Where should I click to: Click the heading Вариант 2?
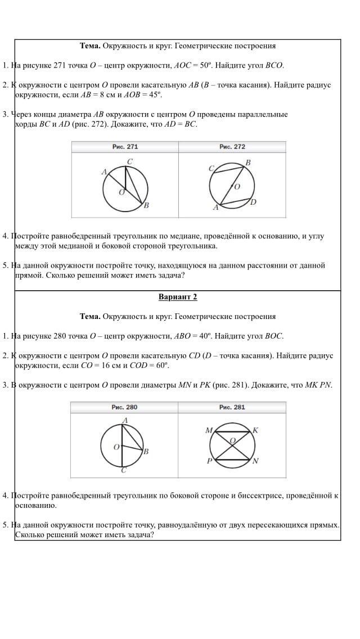[x=178, y=297]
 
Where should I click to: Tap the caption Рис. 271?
[x=125, y=147]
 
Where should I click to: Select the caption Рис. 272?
[x=232, y=147]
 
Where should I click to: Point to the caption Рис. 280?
[x=124, y=407]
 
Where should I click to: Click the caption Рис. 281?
[x=232, y=407]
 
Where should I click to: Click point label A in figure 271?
[x=104, y=172]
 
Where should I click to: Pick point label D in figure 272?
[x=254, y=202]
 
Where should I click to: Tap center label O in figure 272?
[x=237, y=186]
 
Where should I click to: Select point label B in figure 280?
[x=146, y=451]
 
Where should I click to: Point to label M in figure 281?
[x=209, y=430]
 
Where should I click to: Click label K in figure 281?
[x=255, y=430]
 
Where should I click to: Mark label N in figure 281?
[x=255, y=461]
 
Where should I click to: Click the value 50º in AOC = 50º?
[x=206, y=65]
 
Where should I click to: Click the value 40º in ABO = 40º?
[x=205, y=336]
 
